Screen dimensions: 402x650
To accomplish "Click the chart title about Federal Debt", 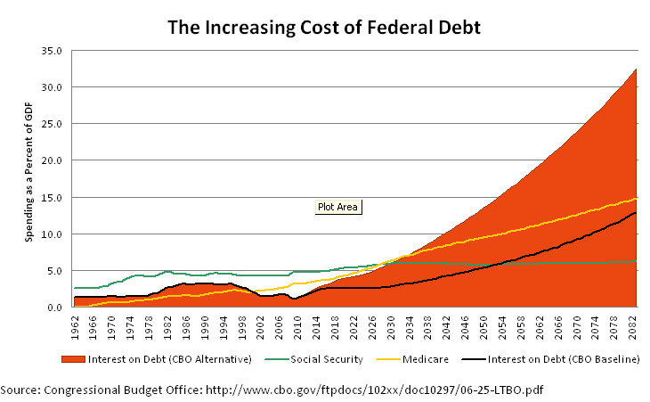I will (x=324, y=27).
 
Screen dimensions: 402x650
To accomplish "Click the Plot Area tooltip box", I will (x=337, y=207).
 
